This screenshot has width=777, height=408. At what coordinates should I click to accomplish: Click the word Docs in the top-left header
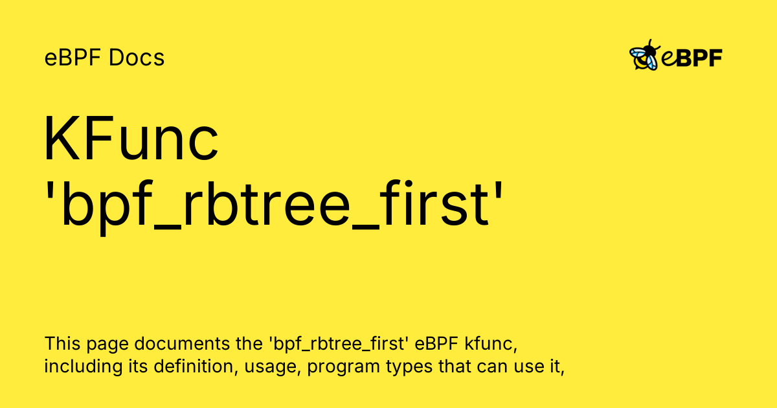(137, 58)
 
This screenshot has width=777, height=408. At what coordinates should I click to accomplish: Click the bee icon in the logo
(645, 56)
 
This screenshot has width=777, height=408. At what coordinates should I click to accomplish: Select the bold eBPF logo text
(692, 58)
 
